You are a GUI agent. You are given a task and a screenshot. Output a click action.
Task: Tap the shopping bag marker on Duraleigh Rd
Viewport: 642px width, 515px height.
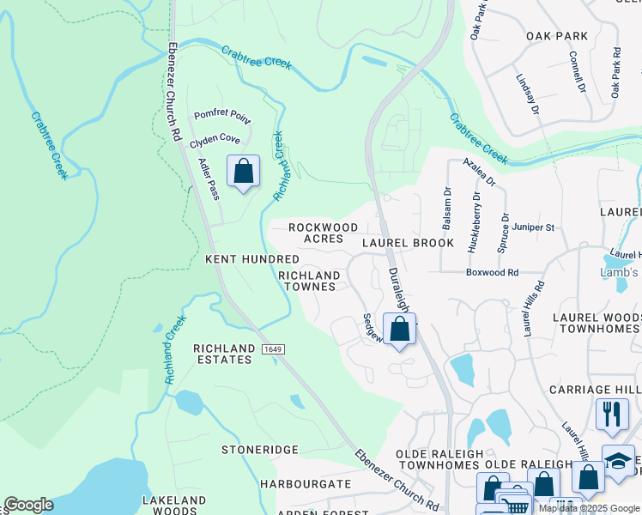click(399, 329)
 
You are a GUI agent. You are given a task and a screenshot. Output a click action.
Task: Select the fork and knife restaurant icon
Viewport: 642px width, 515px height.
click(611, 413)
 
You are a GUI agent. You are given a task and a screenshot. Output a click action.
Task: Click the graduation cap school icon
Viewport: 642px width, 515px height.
click(619, 459)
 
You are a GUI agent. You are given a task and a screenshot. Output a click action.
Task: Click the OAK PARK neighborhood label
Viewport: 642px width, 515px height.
click(557, 36)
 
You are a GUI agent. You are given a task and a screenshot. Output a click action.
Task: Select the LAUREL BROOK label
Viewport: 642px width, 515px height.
click(408, 243)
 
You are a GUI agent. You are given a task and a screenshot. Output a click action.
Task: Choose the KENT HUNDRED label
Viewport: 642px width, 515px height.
click(251, 258)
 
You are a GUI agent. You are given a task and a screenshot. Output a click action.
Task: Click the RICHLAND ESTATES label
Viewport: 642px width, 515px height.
click(223, 354)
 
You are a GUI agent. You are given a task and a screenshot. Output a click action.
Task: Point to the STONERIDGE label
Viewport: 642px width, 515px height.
click(260, 450)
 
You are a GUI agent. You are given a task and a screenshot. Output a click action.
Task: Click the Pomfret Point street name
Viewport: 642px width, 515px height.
click(221, 114)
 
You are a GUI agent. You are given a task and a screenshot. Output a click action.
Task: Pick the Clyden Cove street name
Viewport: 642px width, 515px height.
click(215, 138)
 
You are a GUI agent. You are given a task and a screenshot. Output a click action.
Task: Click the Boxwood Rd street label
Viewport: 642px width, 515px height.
click(492, 272)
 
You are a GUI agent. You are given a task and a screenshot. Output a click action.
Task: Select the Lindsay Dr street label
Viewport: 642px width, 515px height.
click(527, 94)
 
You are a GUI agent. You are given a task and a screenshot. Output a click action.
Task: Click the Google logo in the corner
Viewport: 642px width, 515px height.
click(28, 505)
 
